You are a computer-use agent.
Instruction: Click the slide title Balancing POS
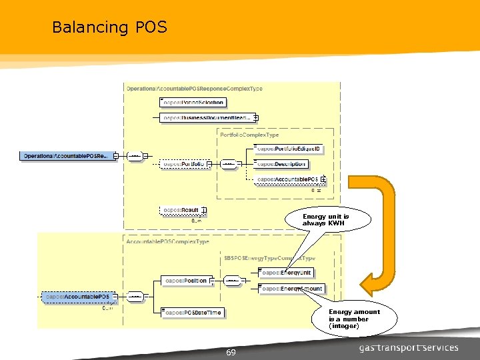[109, 27]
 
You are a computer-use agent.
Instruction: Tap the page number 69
[231, 352]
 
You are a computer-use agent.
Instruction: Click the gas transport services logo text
[409, 347]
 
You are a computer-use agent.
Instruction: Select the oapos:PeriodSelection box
[193, 102]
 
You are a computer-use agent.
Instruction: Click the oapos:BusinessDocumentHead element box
[207, 117]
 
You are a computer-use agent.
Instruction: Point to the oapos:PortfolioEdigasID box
[290, 148]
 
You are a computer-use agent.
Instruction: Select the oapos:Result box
[182, 211]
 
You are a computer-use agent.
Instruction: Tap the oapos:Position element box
[186, 281]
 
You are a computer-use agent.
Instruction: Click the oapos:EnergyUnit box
[287, 273]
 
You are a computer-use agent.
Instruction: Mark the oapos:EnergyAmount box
[292, 289]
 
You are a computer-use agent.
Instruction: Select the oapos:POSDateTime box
[193, 312]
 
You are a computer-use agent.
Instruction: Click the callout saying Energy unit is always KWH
[326, 220]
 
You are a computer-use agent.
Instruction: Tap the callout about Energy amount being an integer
[354, 319]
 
